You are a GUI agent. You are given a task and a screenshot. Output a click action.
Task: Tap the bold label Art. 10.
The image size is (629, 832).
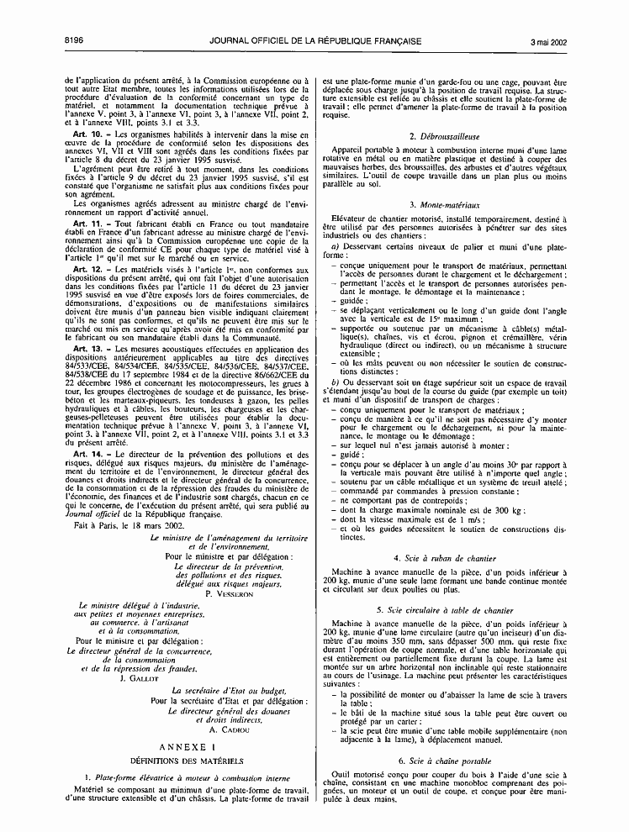click(88, 134)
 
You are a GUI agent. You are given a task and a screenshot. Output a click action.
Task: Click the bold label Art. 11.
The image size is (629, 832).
click(88, 222)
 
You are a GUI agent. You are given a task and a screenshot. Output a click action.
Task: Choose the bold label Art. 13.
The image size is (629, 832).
click(88, 347)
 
